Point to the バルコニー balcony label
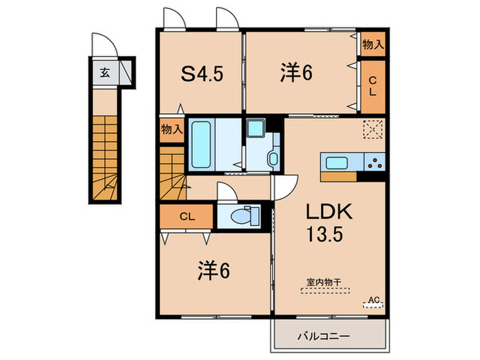click(x=324, y=337)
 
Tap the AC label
click(x=374, y=300)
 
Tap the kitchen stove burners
click(x=376, y=163)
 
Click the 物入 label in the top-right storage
click(x=372, y=45)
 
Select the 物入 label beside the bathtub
click(x=171, y=130)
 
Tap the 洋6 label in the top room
click(x=296, y=72)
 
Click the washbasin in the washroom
click(x=272, y=159)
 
